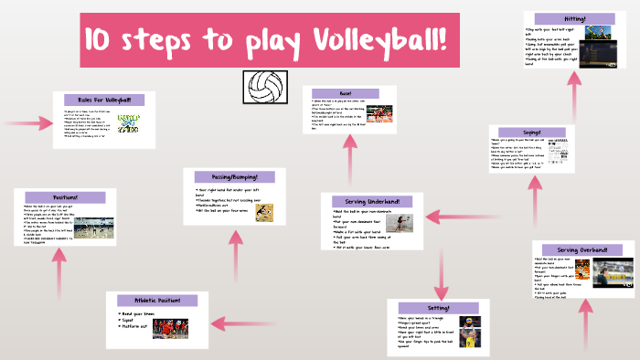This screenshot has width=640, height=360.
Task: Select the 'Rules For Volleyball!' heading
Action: point(98,100)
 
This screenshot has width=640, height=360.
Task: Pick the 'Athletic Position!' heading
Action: point(156,300)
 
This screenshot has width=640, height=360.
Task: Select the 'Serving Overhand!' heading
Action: point(584,249)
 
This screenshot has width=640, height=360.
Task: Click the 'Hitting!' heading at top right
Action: point(575,18)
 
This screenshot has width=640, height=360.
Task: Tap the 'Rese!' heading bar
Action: point(347,93)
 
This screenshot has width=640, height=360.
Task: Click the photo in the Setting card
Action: point(466,329)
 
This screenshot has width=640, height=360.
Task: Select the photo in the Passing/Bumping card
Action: point(263,210)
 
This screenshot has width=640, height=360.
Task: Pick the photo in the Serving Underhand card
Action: point(400,223)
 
